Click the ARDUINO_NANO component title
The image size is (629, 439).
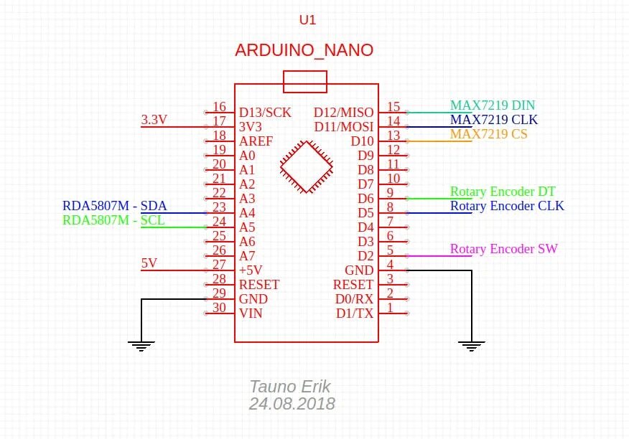304,50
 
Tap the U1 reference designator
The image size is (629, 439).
307,20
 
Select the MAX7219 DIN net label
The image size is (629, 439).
493,105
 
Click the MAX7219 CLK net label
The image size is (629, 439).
494,120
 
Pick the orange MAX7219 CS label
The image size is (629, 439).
488,134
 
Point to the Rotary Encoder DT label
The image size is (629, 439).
503,192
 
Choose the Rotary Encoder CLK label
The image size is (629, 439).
507,206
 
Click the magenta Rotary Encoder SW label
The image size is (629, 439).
504,249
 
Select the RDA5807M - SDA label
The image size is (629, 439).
115,206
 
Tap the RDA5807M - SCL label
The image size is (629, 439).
113,220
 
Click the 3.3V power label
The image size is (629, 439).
154,120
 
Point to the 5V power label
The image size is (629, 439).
149,263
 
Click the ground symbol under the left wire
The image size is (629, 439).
142,346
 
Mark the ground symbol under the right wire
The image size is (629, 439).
471,346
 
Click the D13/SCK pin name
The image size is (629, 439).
265,113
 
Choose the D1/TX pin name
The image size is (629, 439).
355,313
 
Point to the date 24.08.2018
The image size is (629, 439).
292,404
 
